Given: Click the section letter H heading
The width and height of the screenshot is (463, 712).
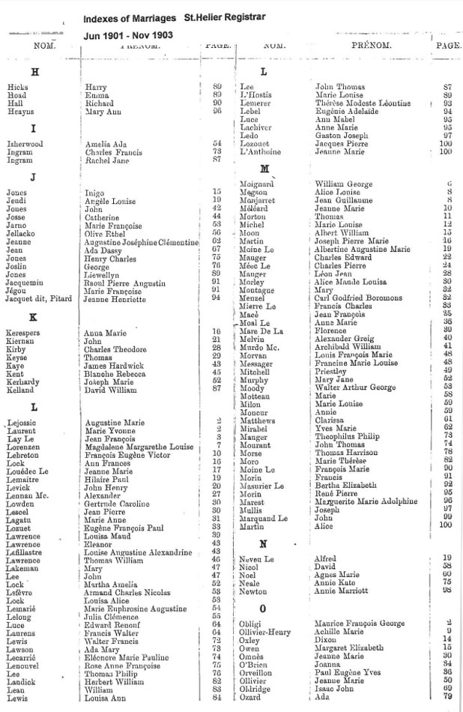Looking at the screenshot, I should [34, 72].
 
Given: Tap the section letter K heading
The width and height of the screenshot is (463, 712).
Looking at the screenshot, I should [33, 317].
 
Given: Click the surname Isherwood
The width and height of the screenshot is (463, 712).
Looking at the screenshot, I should [25, 144].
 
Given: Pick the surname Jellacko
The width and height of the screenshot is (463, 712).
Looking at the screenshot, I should [22, 232].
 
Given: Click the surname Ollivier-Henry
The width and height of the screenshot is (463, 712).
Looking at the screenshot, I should [266, 632].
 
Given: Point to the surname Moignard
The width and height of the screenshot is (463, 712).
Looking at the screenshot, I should [256, 184].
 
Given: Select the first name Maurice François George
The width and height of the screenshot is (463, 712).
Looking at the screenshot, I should [360, 624].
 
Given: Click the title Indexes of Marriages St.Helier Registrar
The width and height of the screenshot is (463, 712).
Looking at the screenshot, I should [173, 17].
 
